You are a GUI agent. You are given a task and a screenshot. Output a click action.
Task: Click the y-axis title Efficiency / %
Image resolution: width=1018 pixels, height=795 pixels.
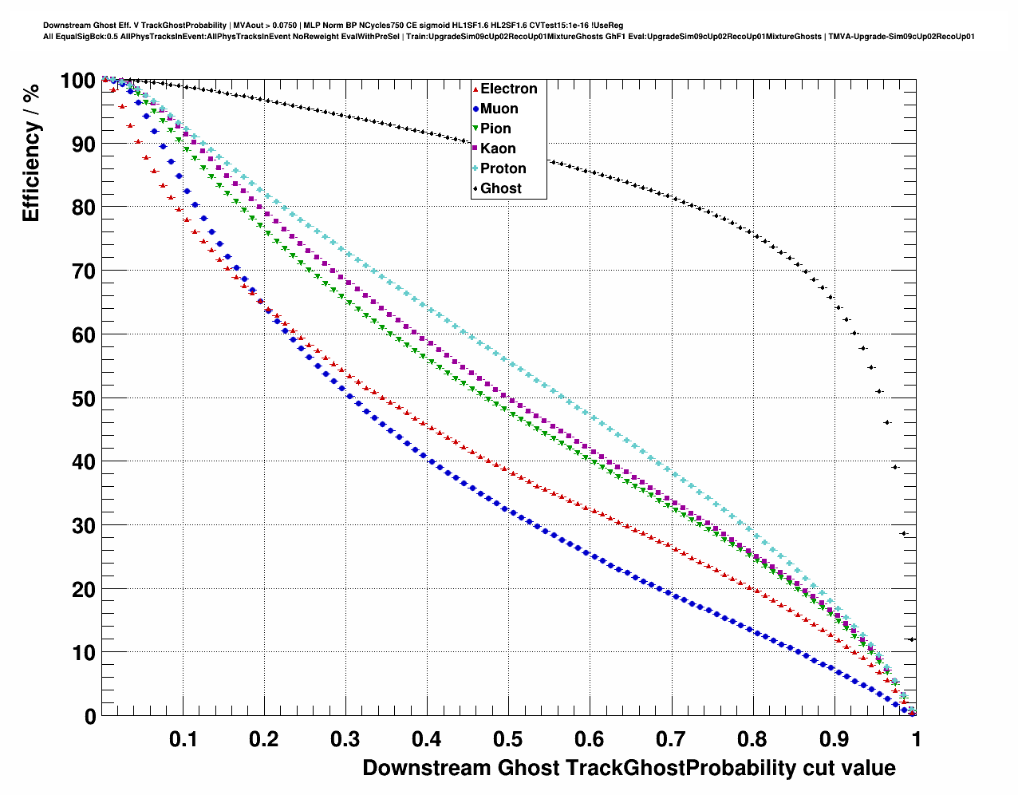tap(31, 152)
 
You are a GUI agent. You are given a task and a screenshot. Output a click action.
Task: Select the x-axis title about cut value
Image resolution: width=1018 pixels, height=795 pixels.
tap(629, 768)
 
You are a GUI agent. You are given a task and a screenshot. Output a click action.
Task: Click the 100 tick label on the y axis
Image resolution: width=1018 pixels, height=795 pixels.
tap(77, 81)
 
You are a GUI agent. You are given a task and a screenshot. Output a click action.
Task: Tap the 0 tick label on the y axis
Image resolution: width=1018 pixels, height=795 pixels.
tap(90, 717)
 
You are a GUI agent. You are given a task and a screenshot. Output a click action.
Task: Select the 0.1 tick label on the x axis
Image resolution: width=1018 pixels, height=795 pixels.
tap(183, 738)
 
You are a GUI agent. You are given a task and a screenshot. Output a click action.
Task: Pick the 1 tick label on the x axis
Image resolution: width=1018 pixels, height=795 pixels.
tap(917, 738)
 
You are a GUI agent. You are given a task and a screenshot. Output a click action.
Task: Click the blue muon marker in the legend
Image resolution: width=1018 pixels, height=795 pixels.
tap(475, 109)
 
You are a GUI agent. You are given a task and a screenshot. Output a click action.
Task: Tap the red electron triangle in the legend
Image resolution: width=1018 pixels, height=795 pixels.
tap(475, 89)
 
